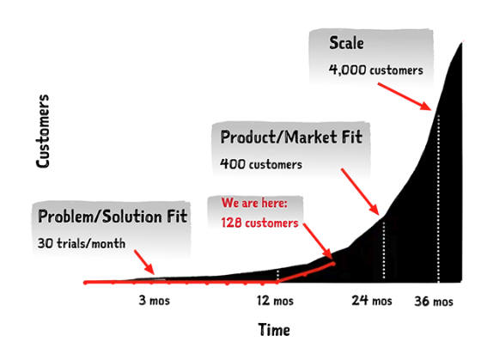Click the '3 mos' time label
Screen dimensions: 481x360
154,300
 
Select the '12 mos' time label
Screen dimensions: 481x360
275,300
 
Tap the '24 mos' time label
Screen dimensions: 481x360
372,300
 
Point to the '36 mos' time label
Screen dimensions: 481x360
434,301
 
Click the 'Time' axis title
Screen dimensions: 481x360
274,330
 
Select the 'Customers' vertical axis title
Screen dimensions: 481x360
43,131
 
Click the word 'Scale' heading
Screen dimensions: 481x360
346,43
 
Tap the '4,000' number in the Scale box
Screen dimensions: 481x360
347,70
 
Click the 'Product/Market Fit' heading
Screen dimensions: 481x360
291,137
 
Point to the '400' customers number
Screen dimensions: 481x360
232,164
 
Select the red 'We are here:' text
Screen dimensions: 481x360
254,203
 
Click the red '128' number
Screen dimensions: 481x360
231,223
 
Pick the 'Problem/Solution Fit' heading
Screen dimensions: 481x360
113,217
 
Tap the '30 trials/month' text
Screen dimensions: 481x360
82,243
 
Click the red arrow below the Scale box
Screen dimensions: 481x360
405,96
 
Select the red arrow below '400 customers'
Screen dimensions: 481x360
360,192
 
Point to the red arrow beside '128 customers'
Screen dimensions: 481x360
318,241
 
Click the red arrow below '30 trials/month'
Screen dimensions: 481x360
144,262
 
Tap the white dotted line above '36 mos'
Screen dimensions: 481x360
438,198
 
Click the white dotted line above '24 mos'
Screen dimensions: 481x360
384,250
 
